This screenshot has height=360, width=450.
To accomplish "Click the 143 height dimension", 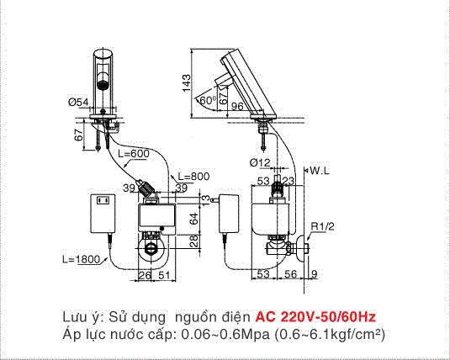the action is coord(187,83).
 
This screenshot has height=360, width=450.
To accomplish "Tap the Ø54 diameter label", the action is coord(78,102).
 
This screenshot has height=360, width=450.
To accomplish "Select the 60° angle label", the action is coord(208,100).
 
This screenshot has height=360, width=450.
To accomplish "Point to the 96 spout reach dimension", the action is coord(237,107).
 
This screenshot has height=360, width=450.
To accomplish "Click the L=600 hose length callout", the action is coord(134,154).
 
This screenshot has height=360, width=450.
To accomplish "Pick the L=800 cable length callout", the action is coord(193,177).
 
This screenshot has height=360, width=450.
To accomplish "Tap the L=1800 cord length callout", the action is coord(82,259).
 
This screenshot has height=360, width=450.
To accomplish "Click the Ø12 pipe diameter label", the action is coord(260,163).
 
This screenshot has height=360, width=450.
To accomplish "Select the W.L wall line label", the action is coord(320,171).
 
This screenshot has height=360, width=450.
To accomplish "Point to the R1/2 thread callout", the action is coord(323,226).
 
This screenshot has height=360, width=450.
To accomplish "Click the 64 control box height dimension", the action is coord(194,219).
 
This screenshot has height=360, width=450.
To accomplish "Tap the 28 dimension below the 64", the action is coord(194,241).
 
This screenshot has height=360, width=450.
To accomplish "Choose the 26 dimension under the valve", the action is coord(145,275).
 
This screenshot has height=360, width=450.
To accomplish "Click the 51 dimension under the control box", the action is coord(164,275).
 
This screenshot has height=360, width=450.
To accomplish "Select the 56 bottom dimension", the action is coord(290,274).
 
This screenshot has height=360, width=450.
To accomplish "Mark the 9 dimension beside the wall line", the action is coord(315,274).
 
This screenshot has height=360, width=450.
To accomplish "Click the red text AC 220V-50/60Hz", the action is coord(315,317).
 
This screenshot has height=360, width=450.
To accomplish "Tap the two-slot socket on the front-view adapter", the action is coord(103,200).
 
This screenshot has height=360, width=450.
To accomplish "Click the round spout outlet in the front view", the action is coord(103,85).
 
